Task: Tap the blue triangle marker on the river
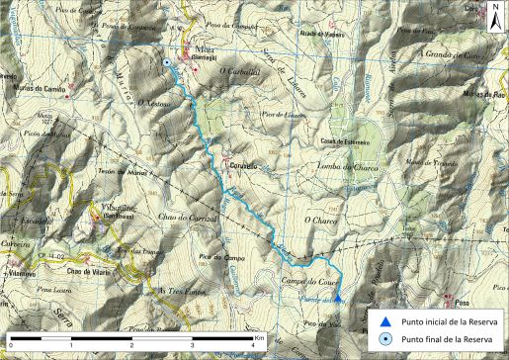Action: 337,297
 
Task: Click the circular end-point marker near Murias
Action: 168,63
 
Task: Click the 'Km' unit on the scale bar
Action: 258,336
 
